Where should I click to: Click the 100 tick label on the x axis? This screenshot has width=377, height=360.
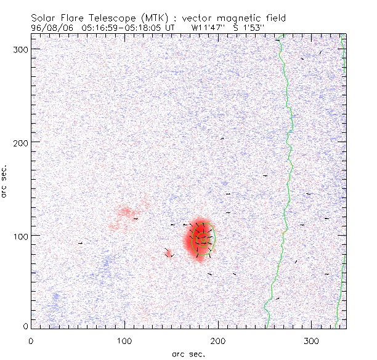124,340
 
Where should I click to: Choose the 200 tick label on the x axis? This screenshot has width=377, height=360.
218,340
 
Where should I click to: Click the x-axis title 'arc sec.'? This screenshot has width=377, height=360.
188,353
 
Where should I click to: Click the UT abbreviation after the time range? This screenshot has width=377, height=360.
170,28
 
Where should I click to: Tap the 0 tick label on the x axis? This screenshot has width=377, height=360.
31,340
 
